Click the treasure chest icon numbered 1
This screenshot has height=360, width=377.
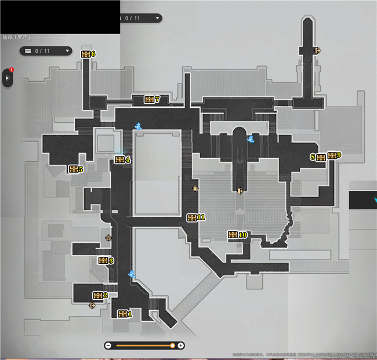tap(122, 314)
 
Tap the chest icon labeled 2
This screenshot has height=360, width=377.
tap(97, 296)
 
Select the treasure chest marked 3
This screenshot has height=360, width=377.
tap(103, 261)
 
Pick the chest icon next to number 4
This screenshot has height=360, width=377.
tap(119, 160)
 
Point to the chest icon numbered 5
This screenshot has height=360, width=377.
tap(73, 169)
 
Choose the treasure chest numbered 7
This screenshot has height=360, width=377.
tap(149, 100)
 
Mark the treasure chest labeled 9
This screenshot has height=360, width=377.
tap(332, 155)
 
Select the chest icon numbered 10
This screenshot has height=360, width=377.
tap(233, 235)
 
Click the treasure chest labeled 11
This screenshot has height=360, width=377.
tap(192, 217)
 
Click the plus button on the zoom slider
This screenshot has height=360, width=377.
tap(181, 346)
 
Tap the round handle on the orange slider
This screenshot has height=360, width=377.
tap(172, 346)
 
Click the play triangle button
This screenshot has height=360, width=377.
tap(8, 77)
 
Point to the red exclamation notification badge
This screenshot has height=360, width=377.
tap(12, 71)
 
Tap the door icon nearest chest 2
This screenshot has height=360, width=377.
tap(92, 306)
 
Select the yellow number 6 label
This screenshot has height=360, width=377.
tap(93, 54)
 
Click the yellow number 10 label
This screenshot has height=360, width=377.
tap(243, 235)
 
